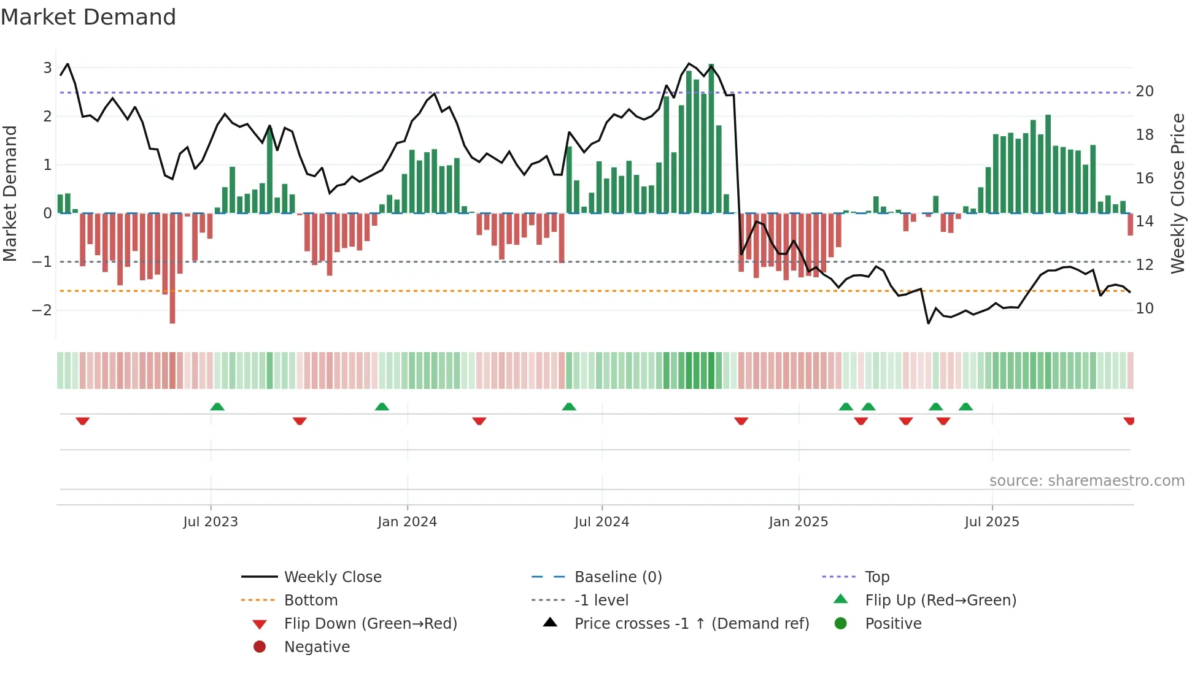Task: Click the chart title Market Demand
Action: pos(88,17)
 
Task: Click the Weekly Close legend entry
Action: pos(332,577)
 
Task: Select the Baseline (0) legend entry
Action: pos(617,577)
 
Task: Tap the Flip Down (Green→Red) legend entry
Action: pos(370,623)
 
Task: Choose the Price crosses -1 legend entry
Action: pos(691,623)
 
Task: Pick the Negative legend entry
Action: pos(317,647)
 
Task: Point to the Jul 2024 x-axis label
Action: pos(601,521)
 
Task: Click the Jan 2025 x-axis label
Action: pos(798,521)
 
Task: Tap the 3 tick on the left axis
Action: pos(47,67)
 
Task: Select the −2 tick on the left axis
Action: pos(42,310)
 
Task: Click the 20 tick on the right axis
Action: pos(1145,91)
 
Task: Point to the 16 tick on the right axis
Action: pos(1145,178)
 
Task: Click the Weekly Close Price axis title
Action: pos(1177,193)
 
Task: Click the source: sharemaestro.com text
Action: pos(1086,480)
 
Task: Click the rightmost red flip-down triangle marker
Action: pos(1129,421)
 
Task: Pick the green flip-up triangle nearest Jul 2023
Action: pos(217,407)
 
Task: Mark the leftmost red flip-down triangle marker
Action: pos(83,421)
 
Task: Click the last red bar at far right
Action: pos(1130,225)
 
